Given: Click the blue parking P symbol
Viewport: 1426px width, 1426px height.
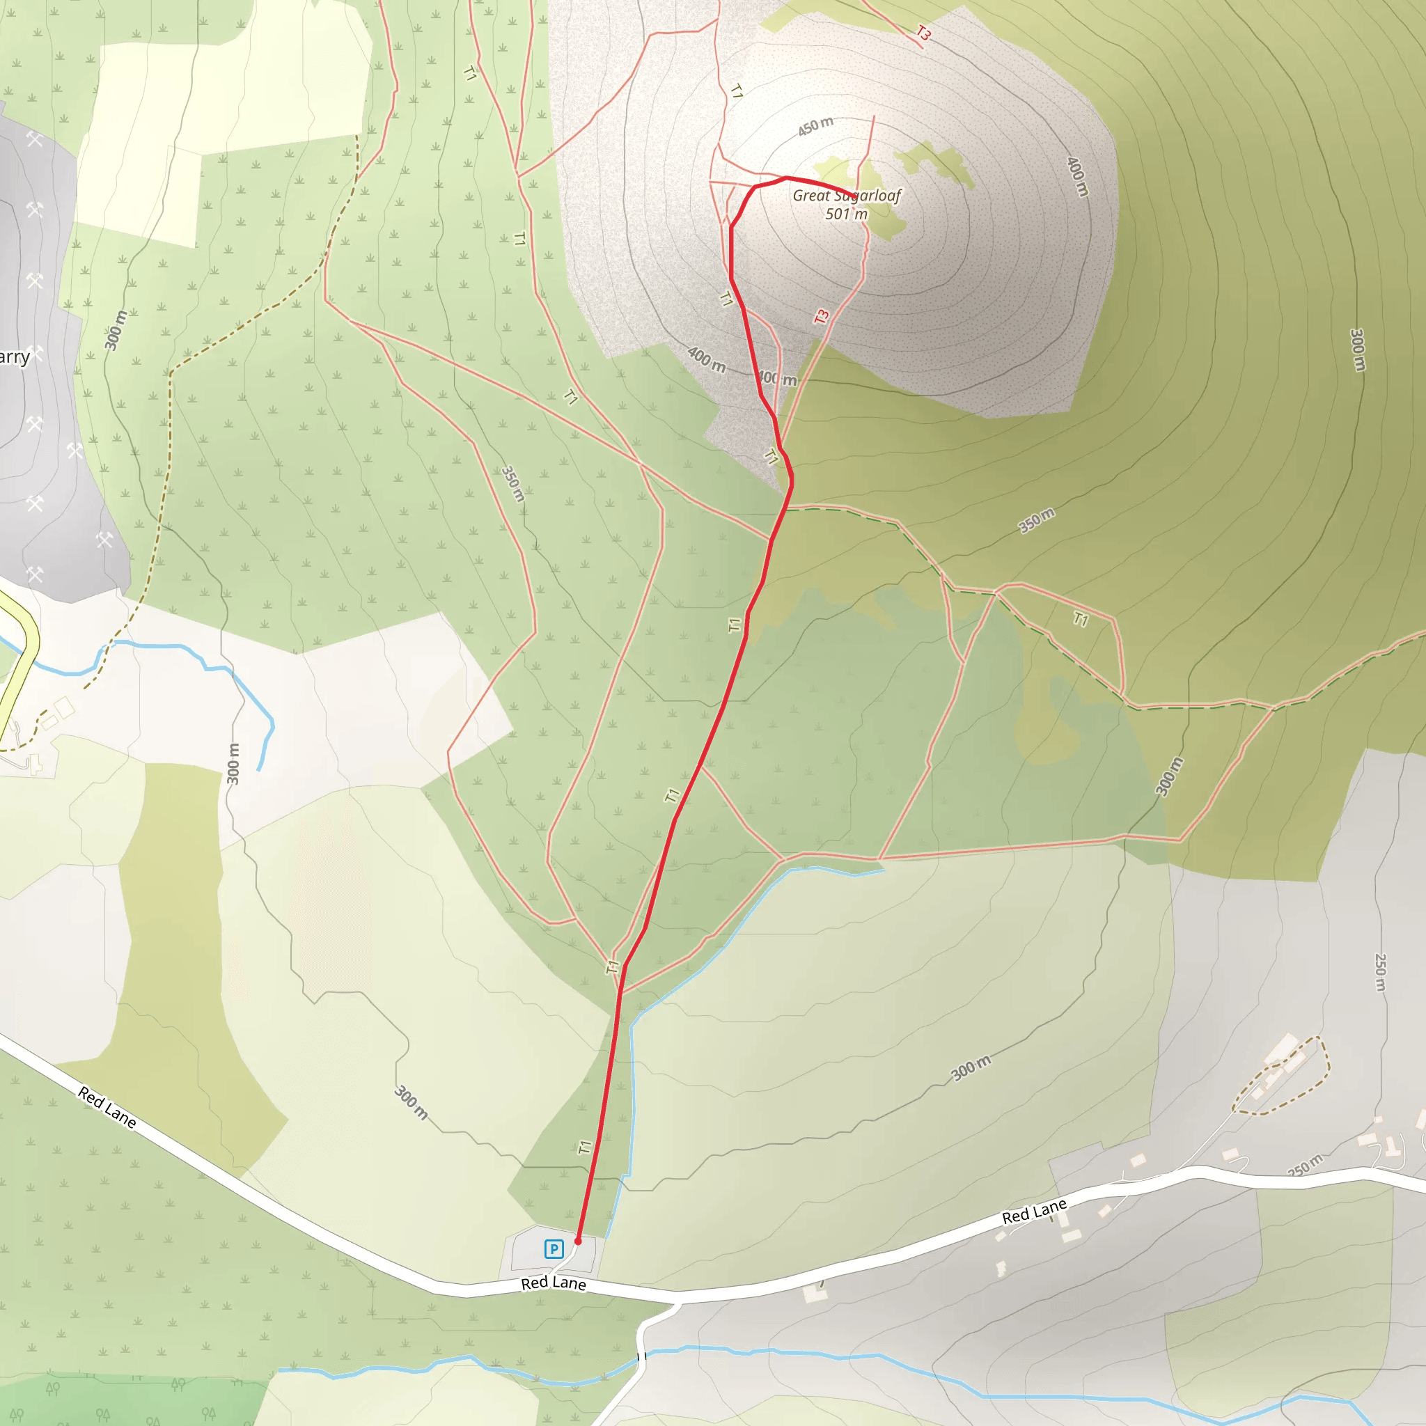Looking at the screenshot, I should pos(554,1249).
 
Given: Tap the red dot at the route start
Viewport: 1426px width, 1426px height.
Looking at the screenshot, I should pos(578,1241).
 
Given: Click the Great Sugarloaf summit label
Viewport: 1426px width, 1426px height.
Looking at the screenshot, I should pos(847,196).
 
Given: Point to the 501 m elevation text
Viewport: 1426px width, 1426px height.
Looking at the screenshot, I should pos(846,214).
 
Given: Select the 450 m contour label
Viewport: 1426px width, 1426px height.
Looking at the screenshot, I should pos(815,126).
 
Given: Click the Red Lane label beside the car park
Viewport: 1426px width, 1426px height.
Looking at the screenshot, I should pos(554,1283).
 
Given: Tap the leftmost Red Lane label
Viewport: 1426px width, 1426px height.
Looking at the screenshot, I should pos(107,1107).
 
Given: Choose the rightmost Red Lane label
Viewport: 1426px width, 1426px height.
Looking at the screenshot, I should pos(1034,1212).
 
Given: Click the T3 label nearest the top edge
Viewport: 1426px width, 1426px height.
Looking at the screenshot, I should pos(923,33).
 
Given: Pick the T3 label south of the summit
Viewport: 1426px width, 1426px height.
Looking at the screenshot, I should pos(822,317).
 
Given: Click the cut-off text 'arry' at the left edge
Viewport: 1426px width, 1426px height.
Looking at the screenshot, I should pos(15,358).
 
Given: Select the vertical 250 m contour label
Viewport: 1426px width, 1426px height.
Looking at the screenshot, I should pos(1380,972).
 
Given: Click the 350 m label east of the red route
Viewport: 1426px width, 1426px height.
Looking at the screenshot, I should pos(1036,520).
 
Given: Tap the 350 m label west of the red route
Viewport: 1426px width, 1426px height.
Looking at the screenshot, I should pos(513,483).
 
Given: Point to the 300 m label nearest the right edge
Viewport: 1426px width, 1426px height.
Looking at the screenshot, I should pos(1356,350).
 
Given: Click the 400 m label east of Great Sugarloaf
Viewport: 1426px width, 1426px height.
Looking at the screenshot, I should pos(1078,176).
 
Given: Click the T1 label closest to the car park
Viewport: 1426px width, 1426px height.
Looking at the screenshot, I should pos(585,1147).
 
